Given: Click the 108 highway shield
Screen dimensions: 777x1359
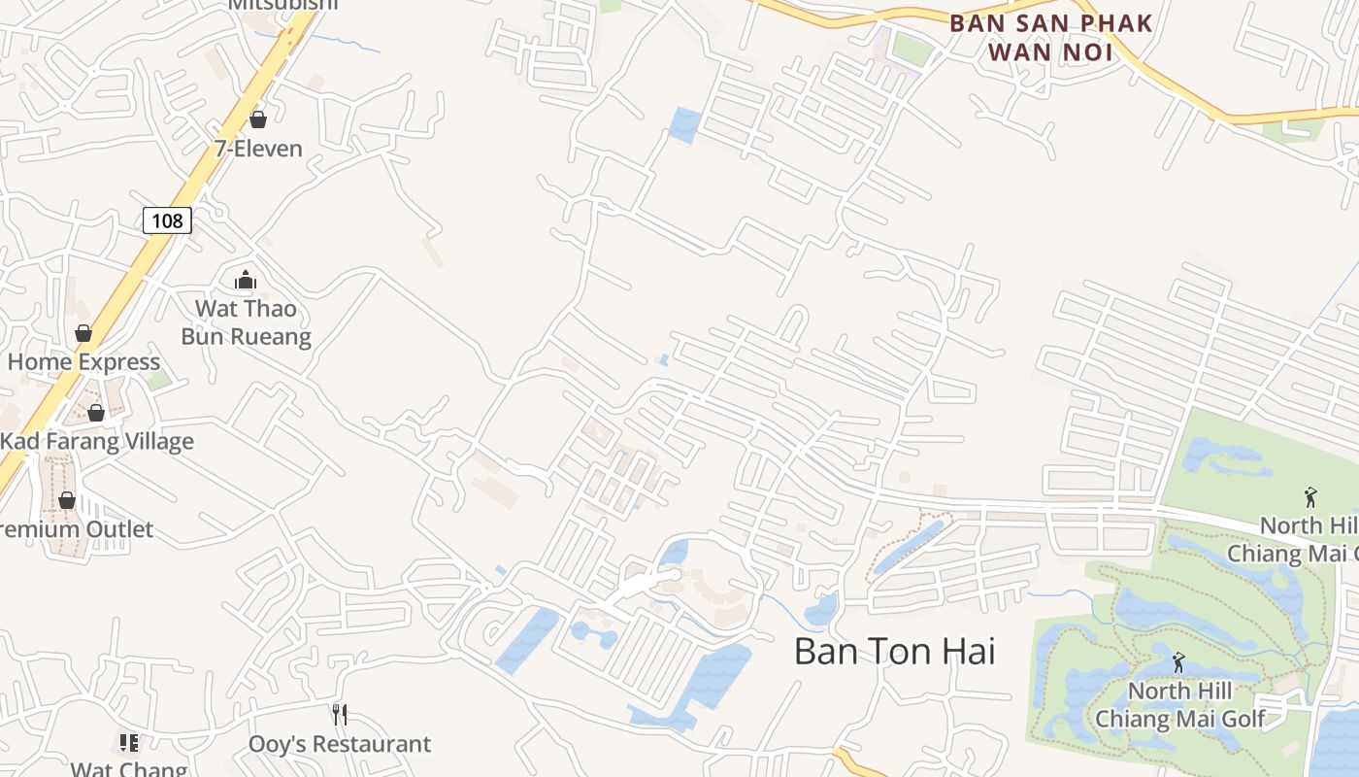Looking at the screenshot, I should (167, 220).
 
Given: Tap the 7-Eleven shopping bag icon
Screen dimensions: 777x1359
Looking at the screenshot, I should (258, 119).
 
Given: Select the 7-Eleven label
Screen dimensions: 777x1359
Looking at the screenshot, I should (258, 149).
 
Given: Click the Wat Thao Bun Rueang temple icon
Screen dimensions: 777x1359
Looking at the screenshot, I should (246, 281).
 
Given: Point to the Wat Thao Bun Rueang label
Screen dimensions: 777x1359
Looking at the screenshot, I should (246, 322).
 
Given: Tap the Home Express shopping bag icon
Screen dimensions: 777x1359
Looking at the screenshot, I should (83, 333).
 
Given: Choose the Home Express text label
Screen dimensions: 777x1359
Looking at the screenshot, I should (83, 362).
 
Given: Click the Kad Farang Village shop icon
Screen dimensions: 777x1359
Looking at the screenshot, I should (96, 413).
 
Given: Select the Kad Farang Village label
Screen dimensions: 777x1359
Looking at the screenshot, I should (97, 442).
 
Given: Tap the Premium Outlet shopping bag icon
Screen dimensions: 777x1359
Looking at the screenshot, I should (67, 500).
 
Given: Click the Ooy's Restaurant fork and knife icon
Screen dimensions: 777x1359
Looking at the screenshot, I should (339, 715).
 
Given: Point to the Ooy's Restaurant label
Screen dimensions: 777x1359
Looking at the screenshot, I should (339, 744).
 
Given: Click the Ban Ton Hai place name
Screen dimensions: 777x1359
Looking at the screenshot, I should (894, 651).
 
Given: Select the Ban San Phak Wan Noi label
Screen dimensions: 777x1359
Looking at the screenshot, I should (1051, 37).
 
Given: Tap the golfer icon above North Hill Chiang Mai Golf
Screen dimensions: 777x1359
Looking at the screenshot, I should (1178, 662).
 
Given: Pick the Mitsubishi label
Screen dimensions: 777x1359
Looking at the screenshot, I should (283, 5).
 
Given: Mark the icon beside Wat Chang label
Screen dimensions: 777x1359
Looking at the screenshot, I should (129, 743).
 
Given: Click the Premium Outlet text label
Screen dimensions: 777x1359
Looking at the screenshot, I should (78, 529).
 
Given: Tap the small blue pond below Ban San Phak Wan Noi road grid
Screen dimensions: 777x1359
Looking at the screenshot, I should (684, 124).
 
